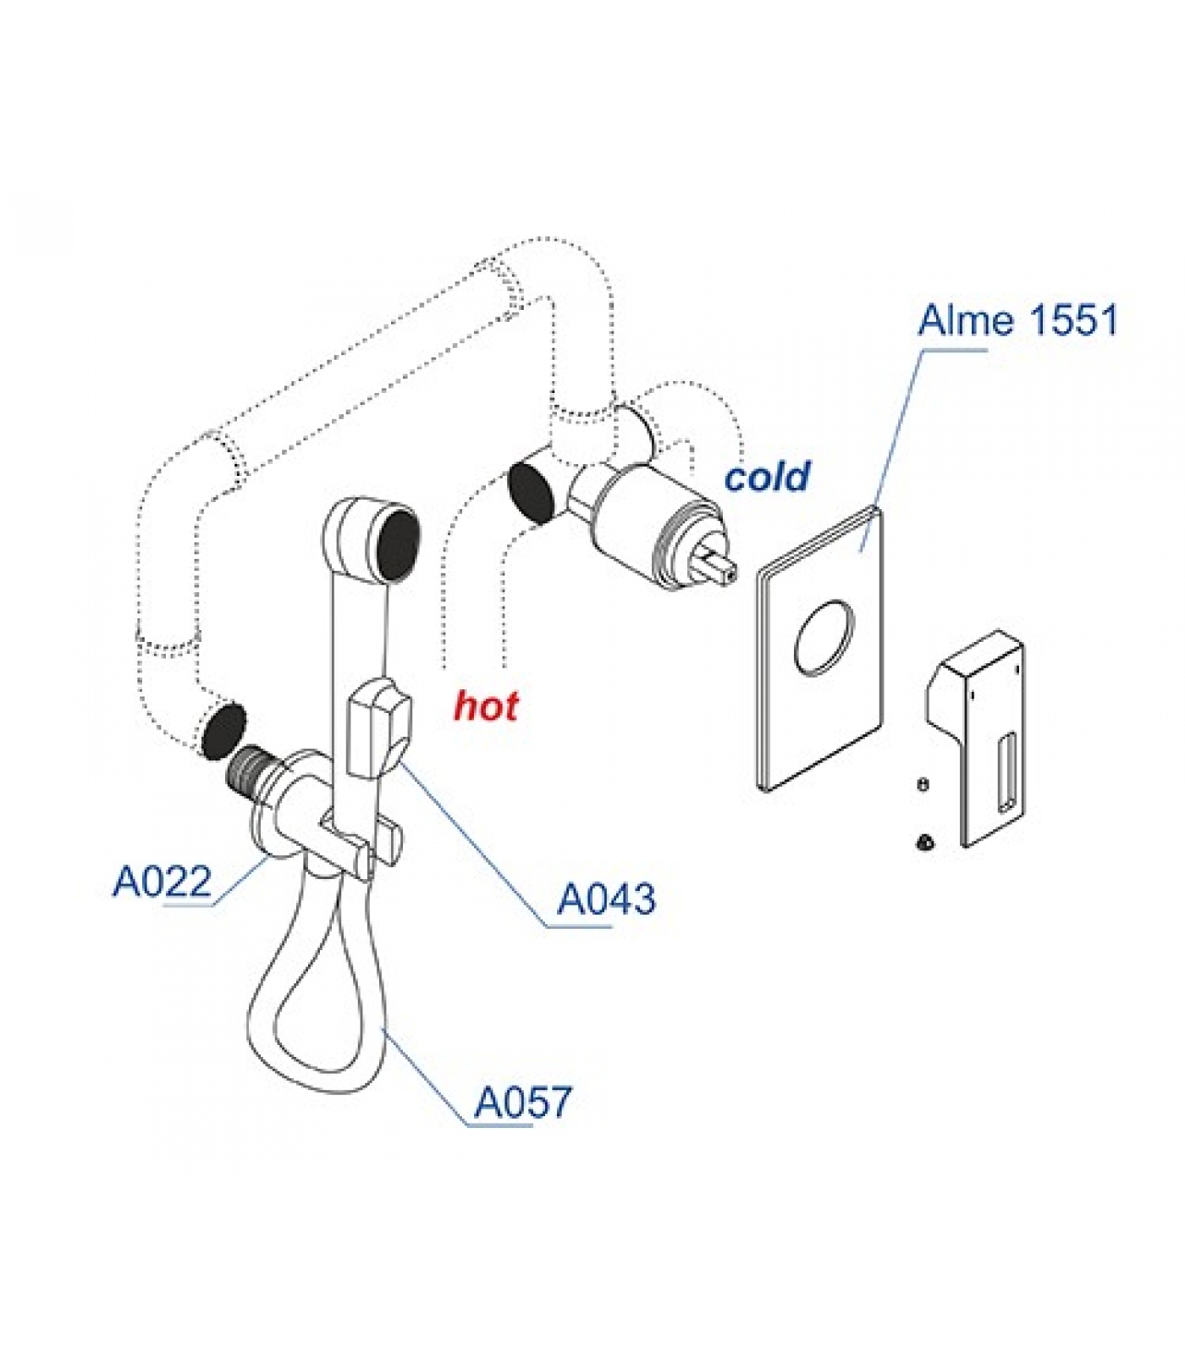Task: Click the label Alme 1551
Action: (x=1017, y=321)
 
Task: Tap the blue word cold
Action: (x=767, y=477)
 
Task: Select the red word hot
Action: (x=486, y=705)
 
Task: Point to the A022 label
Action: (x=162, y=882)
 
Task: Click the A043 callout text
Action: (x=606, y=899)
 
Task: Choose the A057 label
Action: (x=522, y=1103)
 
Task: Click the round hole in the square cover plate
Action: (x=823, y=638)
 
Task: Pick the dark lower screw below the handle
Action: (x=923, y=842)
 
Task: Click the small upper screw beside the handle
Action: (x=923, y=784)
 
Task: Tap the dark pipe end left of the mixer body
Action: (x=531, y=492)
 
